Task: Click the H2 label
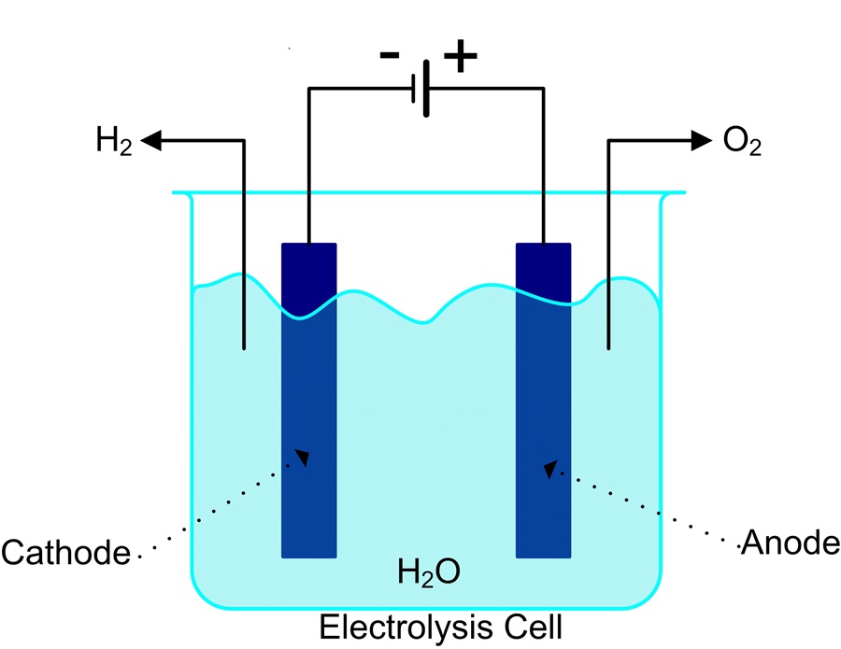(115, 143)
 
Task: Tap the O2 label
(743, 143)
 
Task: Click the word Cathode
(64, 553)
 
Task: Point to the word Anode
(790, 542)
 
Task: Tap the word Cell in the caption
(534, 627)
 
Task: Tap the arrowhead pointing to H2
(152, 141)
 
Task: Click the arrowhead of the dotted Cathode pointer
(301, 457)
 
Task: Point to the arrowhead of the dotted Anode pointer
(551, 467)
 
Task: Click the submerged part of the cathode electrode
(308, 420)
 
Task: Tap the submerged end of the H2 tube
(244, 346)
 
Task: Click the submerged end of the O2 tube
(608, 346)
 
